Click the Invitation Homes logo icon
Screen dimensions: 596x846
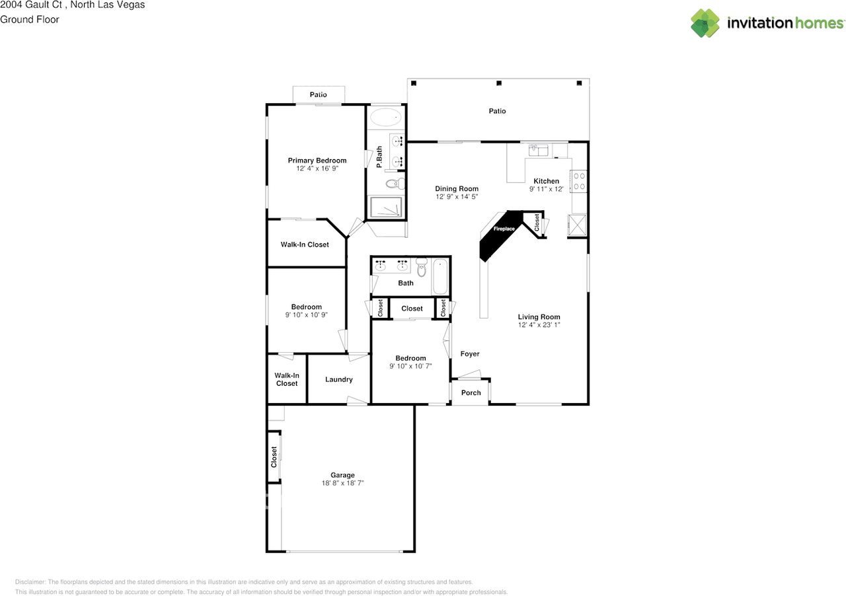pos(705,23)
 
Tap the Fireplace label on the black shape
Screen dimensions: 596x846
pos(504,229)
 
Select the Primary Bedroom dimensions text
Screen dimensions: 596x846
pos(317,169)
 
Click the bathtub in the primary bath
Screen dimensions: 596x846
pos(385,118)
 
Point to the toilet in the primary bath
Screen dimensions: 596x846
pos(394,183)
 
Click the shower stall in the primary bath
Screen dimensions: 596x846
pos(385,207)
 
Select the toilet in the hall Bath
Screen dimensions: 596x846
pos(422,268)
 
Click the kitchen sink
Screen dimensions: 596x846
pos(539,150)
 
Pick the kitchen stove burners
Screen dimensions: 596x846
pos(579,181)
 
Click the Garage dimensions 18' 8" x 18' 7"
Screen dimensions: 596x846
pos(342,483)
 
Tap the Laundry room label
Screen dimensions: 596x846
pos(338,380)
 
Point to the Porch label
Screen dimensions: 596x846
pos(471,392)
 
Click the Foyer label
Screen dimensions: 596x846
pos(470,354)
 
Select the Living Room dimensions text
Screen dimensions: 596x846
pos(539,325)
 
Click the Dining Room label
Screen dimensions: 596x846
pos(456,189)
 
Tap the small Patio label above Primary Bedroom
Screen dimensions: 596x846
pos(318,95)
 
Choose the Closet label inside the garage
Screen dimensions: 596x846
pos(274,457)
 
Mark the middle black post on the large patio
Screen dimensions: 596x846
pos(499,83)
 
